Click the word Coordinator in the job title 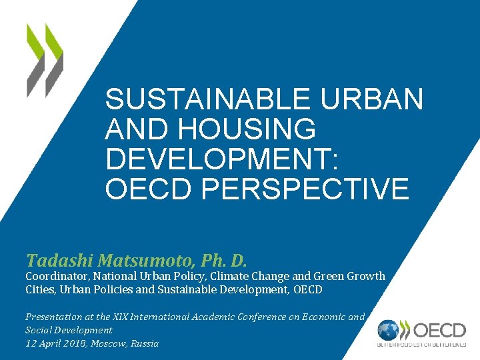click(x=57, y=276)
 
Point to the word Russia click(x=144, y=343)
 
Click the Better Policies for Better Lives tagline click(x=422, y=345)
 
